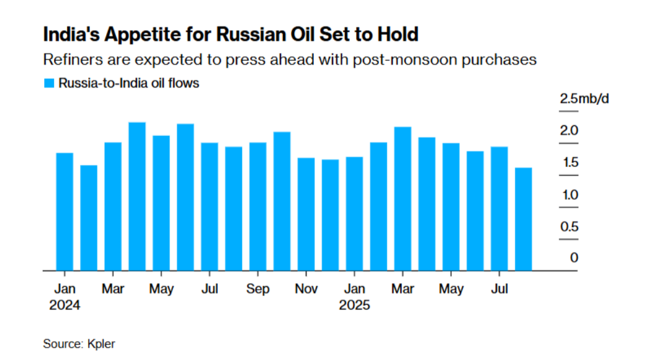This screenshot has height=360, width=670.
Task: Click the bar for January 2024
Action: tap(65, 211)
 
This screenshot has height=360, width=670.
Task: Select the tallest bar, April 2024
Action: tap(137, 196)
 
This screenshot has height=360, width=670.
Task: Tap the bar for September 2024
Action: tap(258, 206)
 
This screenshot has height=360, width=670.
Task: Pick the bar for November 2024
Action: tap(306, 214)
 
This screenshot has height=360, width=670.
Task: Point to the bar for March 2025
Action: tap(403, 199)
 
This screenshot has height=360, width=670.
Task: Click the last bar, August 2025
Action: tap(524, 219)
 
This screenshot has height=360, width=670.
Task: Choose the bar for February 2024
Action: tap(89, 217)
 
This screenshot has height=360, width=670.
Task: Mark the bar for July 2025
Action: tap(500, 209)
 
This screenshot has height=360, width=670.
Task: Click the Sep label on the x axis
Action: tap(257, 290)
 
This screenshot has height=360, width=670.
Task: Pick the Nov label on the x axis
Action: tap(306, 290)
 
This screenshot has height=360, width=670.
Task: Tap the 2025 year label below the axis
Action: tap(354, 306)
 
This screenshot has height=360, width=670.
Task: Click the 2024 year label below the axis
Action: tap(65, 306)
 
